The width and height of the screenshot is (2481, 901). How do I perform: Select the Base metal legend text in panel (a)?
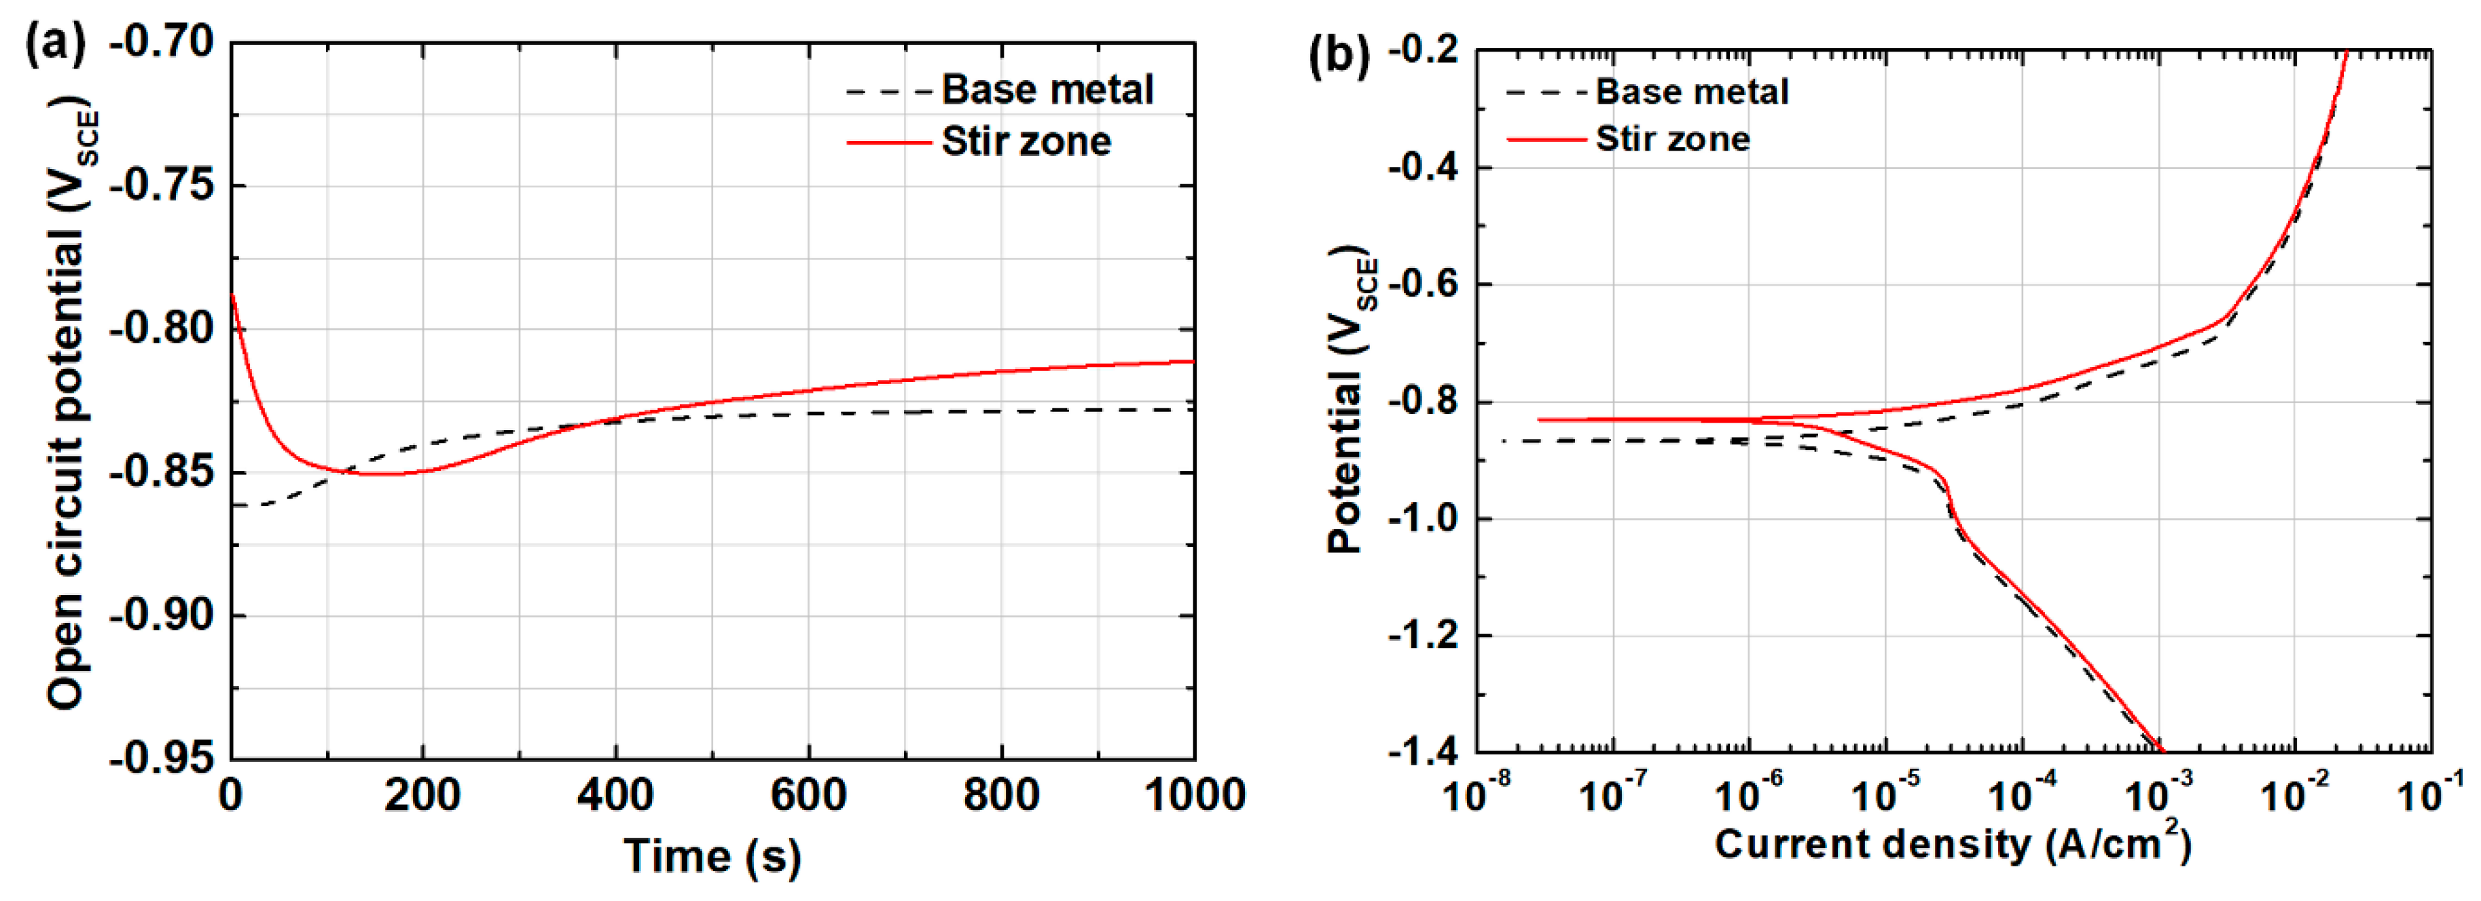click(1047, 90)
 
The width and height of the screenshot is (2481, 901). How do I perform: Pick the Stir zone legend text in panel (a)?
click(1026, 142)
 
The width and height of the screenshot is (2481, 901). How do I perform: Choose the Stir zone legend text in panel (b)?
click(1673, 138)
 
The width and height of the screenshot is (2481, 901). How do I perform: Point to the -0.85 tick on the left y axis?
click(161, 472)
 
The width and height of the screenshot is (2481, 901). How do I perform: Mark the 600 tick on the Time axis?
click(808, 795)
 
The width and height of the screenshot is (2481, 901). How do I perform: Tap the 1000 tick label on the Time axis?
click(1194, 795)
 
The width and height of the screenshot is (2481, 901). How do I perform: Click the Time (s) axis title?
click(712, 856)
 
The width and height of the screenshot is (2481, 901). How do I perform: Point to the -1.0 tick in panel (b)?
click(1426, 518)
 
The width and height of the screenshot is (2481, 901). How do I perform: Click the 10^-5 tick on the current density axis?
click(1886, 794)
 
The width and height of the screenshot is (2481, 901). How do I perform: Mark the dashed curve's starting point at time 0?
click(233, 504)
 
